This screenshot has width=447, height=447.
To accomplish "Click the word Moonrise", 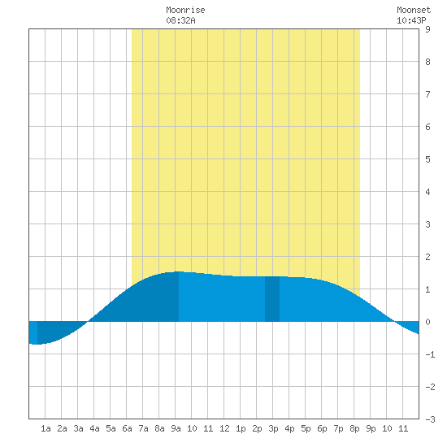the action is click(x=185, y=10).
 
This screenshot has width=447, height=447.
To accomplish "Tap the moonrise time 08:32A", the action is click(x=180, y=20).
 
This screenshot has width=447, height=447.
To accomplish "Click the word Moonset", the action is click(x=414, y=10).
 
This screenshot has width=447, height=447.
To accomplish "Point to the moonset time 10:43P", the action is click(x=411, y=20).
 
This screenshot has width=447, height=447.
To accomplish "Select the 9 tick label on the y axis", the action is click(x=427, y=29).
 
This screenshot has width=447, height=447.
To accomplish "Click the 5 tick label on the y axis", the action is click(x=427, y=159).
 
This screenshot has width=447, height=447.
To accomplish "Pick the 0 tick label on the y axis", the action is click(x=427, y=322).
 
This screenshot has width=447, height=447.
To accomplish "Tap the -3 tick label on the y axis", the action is click(x=430, y=419).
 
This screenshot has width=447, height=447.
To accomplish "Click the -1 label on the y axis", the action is click(x=430, y=354).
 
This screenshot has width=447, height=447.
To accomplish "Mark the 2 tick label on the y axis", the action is click(x=427, y=257).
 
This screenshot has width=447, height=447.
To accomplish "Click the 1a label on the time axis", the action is click(x=46, y=428).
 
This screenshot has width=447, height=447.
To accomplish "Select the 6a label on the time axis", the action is click(x=127, y=428).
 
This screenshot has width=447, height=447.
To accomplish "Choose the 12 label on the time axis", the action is click(x=224, y=428).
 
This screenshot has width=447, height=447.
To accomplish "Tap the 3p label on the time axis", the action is click(x=273, y=429).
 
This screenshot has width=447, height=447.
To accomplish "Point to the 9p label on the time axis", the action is click(x=371, y=429).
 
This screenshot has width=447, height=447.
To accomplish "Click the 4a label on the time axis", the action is click(x=94, y=428).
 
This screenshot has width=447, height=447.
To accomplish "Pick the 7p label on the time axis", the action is click(x=338, y=429).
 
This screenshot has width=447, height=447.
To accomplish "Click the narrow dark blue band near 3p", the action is click(x=272, y=299).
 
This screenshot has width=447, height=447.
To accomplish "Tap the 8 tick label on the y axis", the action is click(x=427, y=62).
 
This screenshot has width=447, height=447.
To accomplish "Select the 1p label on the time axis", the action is click(x=241, y=429).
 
